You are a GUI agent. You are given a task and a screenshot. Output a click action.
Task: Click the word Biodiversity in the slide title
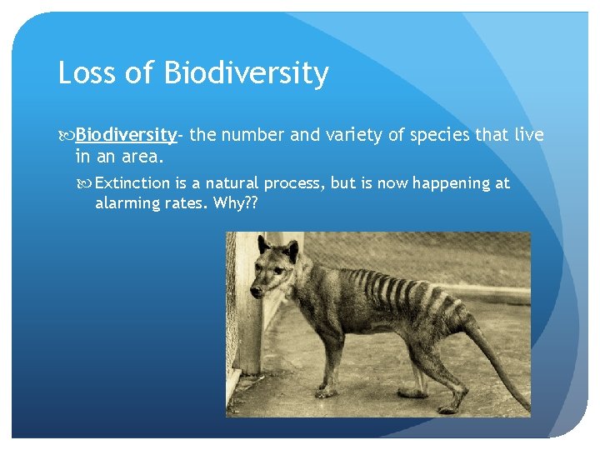[x=246, y=73]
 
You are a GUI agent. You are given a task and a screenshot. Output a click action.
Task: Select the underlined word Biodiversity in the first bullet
[x=126, y=134]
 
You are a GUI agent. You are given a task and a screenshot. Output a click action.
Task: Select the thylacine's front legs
[x=329, y=358]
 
